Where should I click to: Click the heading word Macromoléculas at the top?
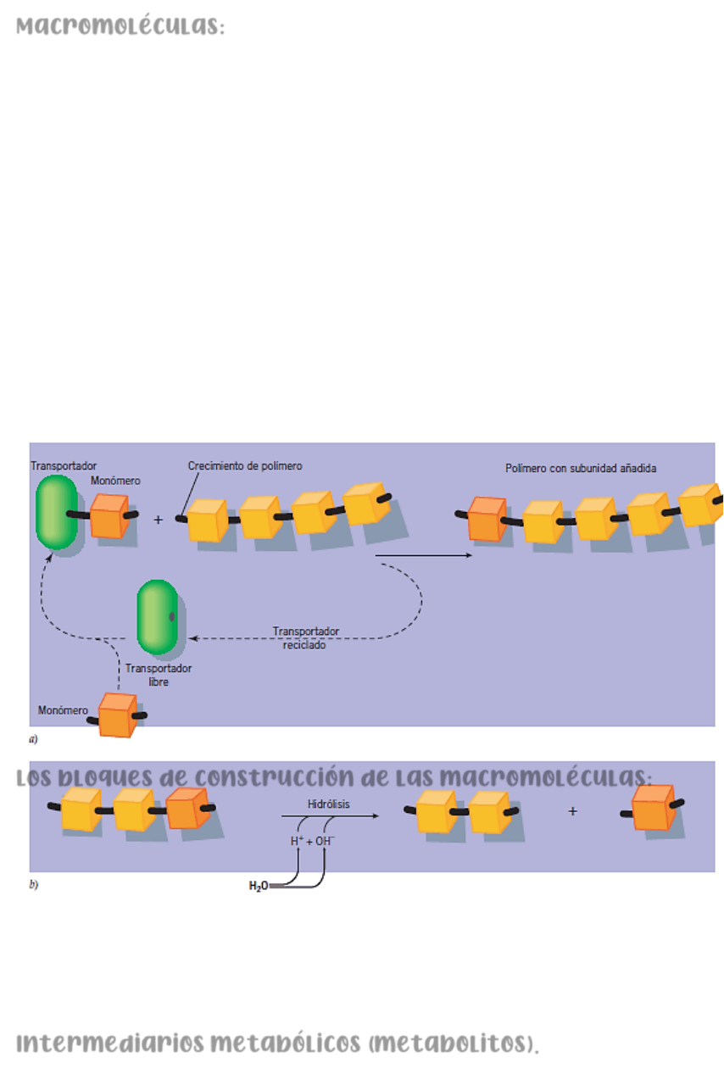(120, 27)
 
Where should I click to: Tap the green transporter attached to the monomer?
(57, 511)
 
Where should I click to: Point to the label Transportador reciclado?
(305, 637)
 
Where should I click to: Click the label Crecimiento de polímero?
(245, 466)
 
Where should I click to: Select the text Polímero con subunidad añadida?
(581, 468)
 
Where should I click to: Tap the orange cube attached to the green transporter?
(109, 516)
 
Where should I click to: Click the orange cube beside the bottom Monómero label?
(117, 715)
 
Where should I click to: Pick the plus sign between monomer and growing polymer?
(159, 520)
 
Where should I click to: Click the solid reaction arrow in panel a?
(423, 555)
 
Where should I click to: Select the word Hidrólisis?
(328, 804)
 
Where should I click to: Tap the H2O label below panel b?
(258, 886)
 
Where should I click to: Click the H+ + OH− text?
(312, 842)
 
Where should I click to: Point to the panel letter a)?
(33, 739)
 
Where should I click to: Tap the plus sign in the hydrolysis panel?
(572, 811)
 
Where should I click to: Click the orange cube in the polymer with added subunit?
(487, 520)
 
